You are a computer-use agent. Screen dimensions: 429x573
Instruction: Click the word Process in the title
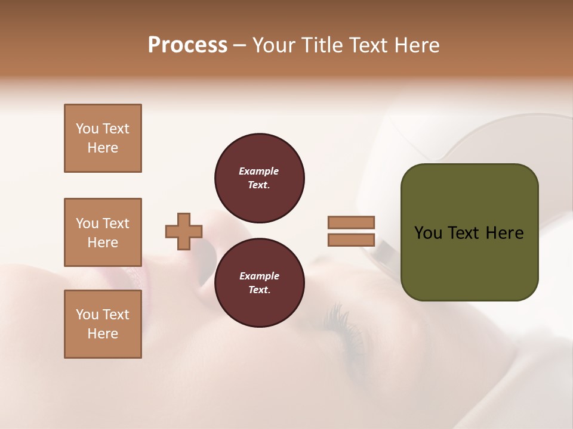[187, 45]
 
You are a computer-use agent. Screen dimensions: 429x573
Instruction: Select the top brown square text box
[103, 138]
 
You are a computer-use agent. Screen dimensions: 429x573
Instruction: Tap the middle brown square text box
[103, 232]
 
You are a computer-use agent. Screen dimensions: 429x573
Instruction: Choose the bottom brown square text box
[103, 324]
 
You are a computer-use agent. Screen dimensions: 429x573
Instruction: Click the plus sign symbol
[184, 231]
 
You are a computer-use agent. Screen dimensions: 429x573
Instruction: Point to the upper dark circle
[259, 178]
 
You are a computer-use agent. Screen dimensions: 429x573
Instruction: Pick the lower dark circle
[259, 283]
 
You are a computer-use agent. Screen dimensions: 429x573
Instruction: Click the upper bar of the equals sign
[351, 223]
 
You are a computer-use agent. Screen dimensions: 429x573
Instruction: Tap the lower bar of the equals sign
[351, 240]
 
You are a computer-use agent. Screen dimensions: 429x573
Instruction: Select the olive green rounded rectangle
[469, 262]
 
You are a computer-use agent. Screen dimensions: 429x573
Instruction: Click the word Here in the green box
[504, 233]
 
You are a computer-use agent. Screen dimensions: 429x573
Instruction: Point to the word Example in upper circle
[259, 172]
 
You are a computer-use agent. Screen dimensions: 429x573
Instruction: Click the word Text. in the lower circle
[259, 290]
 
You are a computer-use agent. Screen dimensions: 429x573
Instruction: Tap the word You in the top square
[87, 129]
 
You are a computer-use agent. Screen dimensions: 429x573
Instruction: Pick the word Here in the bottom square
[103, 334]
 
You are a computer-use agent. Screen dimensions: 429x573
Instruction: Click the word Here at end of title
[418, 45]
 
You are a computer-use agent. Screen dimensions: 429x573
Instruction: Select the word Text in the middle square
[116, 223]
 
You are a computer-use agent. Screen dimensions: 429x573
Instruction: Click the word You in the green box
[427, 233]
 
